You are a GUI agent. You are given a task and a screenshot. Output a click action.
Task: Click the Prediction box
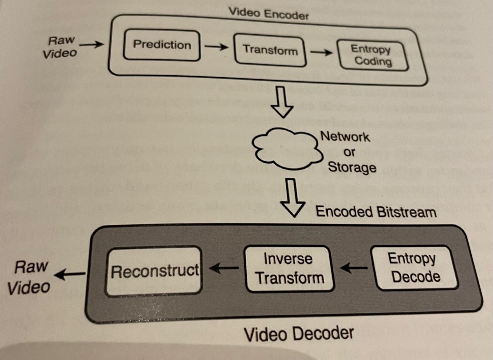162,45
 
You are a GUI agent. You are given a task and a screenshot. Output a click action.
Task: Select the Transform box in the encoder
270,50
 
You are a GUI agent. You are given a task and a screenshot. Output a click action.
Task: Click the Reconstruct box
154,271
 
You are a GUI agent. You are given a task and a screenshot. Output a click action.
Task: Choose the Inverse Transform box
289,268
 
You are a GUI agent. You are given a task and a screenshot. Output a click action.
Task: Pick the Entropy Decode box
415,267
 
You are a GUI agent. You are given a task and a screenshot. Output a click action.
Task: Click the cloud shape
286,149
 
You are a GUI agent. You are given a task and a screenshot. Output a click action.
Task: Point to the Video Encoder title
269,14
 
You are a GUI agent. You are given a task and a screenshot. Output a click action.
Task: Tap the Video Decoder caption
299,334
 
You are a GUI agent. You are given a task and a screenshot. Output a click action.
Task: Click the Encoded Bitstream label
376,212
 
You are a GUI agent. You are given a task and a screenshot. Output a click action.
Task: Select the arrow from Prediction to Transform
216,47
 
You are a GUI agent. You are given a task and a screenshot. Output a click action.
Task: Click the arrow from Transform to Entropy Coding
321,52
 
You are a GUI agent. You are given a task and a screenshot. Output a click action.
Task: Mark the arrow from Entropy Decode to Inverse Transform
354,268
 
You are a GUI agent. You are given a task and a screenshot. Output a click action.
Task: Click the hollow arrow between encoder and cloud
282,102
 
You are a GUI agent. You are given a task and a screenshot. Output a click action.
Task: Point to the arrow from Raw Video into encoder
92,44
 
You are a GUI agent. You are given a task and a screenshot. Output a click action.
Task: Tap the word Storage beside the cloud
352,167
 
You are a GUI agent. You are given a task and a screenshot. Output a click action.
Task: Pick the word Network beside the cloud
345,136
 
